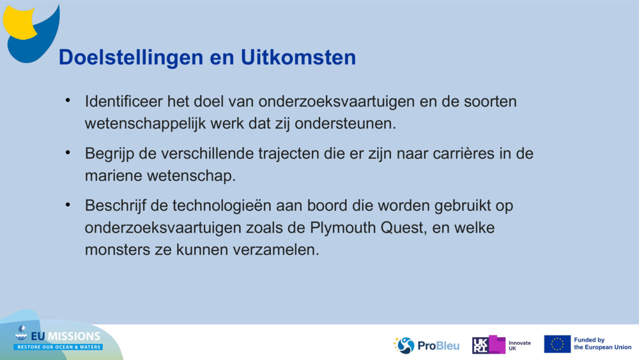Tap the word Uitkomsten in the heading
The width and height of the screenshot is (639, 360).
tap(298, 58)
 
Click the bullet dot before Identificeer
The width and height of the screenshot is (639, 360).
tap(68, 101)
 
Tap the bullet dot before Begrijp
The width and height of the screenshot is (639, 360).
tap(68, 153)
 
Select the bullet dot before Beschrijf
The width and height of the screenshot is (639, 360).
tap(68, 206)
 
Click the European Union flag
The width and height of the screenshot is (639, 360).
tap(557, 344)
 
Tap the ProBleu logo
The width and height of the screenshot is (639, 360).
tap(426, 345)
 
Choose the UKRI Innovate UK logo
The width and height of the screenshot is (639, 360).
tap(501, 345)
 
